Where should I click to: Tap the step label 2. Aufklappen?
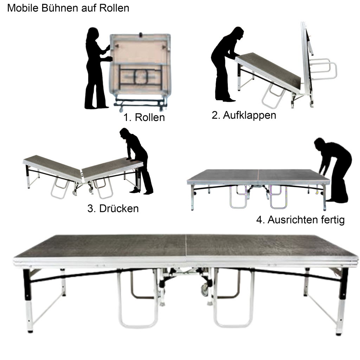pos(244,115)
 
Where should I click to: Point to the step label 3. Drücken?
pos(113,208)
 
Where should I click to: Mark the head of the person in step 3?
pos(124,133)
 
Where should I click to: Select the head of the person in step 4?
pos(320,144)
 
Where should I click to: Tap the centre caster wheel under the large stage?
pos(205,289)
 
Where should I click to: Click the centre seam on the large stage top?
pos(186,246)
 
